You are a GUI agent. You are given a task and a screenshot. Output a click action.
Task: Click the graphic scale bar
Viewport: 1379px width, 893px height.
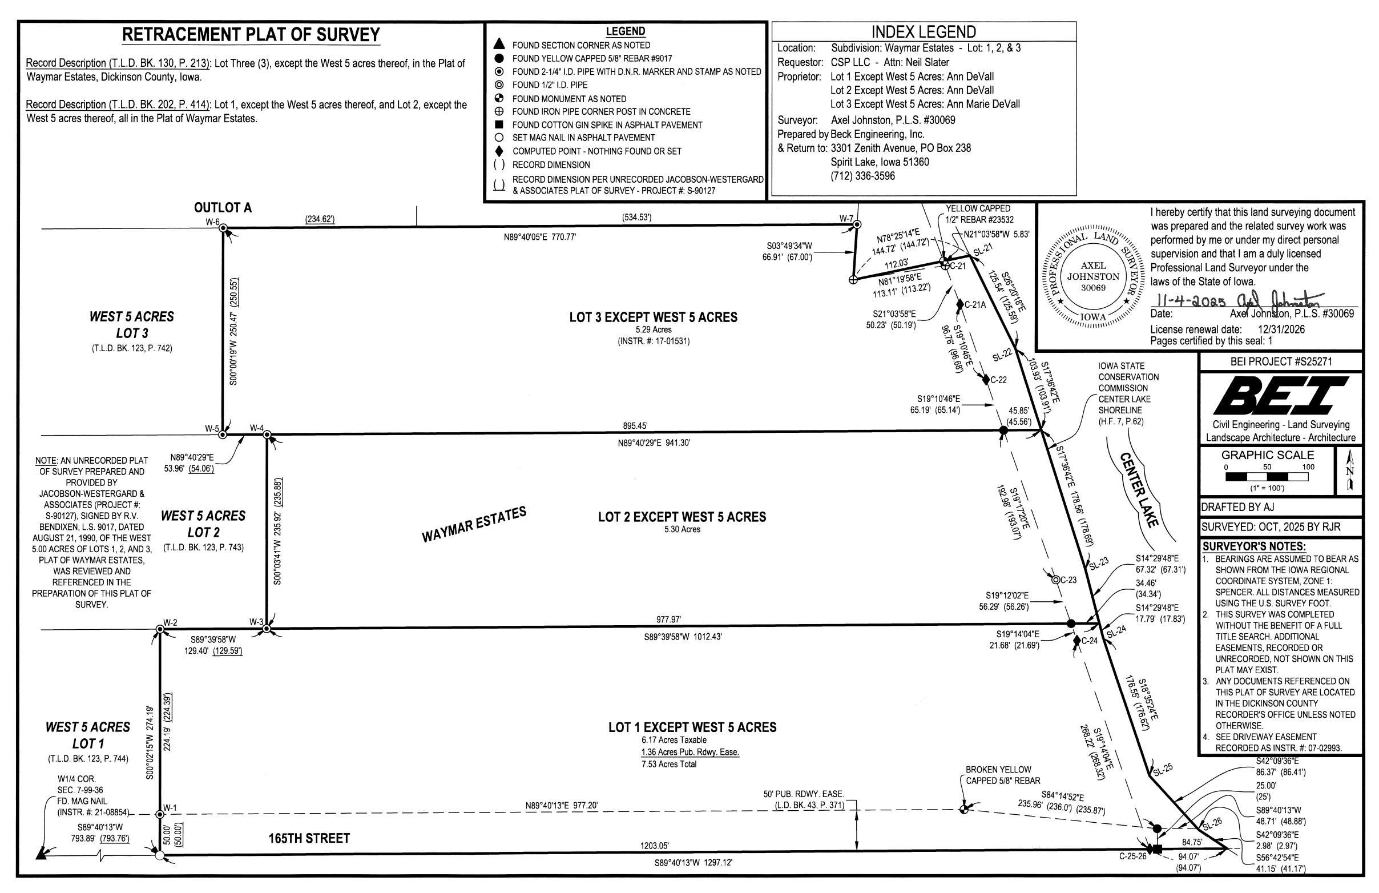[1267, 477]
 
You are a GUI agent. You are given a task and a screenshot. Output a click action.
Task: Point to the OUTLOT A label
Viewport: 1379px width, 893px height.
[223, 208]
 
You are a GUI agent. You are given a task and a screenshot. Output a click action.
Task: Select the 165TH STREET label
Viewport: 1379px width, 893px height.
[309, 838]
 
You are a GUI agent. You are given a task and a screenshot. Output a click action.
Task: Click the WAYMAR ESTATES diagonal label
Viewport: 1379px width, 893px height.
[474, 524]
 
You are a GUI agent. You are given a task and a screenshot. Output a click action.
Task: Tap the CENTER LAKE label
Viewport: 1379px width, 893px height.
[1139, 490]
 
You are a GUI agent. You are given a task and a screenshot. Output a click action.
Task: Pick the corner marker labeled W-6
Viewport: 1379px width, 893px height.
[223, 228]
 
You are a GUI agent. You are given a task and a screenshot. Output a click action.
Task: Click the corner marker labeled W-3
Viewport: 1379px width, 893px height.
[267, 628]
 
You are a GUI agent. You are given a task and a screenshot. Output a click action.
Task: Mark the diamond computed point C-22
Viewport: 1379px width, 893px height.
[986, 380]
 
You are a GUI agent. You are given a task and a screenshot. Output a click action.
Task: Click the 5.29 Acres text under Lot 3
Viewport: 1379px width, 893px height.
[653, 329]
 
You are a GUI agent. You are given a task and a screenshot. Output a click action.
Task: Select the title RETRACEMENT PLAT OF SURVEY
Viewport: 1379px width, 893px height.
[251, 35]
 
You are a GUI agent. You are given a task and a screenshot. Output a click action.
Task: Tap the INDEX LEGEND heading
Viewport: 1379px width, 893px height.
[924, 32]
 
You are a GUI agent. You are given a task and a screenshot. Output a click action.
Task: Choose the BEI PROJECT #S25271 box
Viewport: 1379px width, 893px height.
[1280, 361]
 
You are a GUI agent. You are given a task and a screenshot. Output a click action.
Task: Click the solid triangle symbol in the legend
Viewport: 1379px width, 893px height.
[500, 45]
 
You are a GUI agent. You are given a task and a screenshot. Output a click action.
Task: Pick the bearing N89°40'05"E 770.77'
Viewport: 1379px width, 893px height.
[540, 237]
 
